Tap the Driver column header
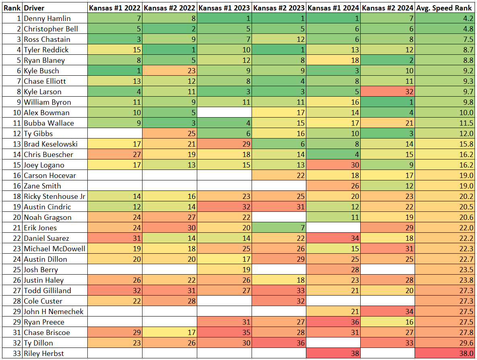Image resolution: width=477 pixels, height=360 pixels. tap(34, 8)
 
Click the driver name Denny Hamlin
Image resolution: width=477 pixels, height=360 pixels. tap(47, 18)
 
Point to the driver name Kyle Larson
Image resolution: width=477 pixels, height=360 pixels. tap(43, 91)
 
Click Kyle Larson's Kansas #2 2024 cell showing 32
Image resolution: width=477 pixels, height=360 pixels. tap(388, 91)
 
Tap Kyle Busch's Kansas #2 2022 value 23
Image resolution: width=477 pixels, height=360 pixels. tap(169, 70)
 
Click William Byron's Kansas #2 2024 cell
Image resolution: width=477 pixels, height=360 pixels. tap(388, 102)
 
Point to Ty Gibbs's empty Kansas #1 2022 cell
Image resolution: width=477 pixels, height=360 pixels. tap(115, 133)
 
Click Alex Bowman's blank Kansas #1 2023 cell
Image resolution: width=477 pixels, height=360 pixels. tap(224, 112)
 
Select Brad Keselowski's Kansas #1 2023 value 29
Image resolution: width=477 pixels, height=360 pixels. tap(224, 144)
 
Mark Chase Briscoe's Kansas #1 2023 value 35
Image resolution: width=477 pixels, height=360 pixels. tap(224, 332)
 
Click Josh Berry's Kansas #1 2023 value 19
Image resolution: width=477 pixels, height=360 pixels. tap(224, 269)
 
